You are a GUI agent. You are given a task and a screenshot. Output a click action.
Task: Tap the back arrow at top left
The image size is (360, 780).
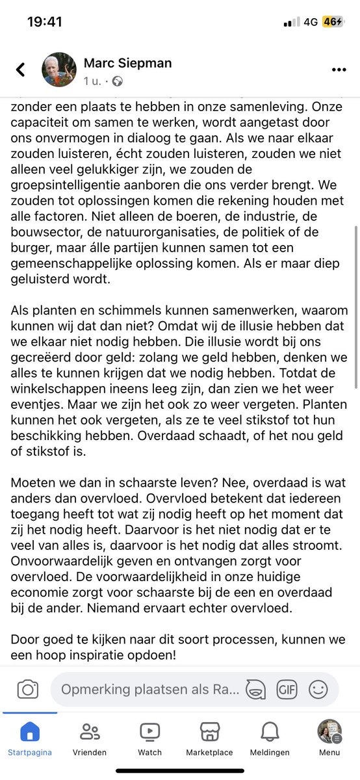pos(21,70)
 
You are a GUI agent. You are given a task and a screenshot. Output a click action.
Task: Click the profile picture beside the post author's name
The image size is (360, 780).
pos(59,70)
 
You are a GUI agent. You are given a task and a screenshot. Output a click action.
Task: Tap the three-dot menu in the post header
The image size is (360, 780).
pos(339,70)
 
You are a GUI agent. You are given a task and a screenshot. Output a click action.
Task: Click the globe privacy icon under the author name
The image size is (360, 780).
pos(118,82)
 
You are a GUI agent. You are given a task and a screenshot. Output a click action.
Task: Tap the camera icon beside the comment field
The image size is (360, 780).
pos(27,689)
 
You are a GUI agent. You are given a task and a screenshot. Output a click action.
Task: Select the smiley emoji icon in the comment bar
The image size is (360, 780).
pos(318,689)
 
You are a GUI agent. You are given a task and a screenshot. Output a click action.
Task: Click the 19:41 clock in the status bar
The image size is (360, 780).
pos(45,22)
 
